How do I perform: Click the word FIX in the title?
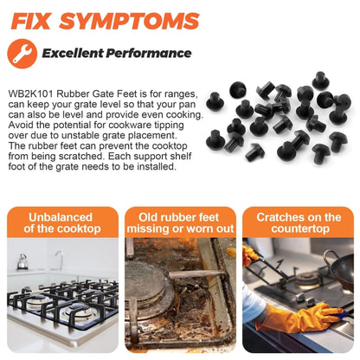click(x=31, y=21)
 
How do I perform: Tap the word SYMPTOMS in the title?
click(x=130, y=21)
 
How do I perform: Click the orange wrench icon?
click(x=22, y=54)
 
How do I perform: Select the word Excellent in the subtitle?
click(x=73, y=53)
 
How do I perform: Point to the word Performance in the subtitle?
click(x=149, y=53)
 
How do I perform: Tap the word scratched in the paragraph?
click(x=80, y=156)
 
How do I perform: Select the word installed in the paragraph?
click(x=156, y=166)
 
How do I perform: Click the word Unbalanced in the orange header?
click(x=61, y=217)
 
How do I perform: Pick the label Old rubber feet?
click(x=178, y=217)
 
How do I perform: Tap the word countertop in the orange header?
click(x=300, y=229)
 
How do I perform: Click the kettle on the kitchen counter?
click(x=22, y=261)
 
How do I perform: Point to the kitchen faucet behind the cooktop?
click(x=60, y=260)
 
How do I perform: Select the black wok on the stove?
click(x=340, y=267)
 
